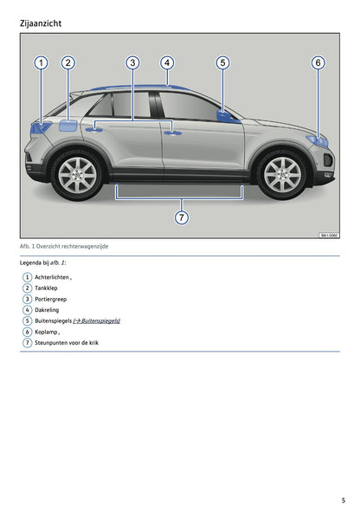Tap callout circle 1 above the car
click(41, 62)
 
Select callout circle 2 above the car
click(68, 62)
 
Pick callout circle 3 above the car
click(132, 62)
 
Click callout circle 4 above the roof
click(167, 62)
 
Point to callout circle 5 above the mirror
click(222, 62)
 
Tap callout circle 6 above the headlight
click(318, 62)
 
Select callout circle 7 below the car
click(181, 217)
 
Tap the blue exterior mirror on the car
click(228, 117)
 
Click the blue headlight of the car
click(318, 140)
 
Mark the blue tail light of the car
click(41, 126)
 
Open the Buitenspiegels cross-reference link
click(96, 320)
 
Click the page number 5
click(344, 500)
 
